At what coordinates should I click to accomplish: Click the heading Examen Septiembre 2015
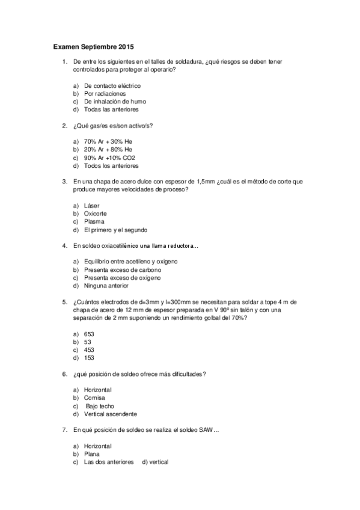[93, 46]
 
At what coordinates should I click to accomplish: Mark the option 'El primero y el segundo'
[115, 230]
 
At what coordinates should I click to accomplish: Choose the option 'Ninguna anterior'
[107, 286]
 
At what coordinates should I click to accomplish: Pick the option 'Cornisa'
[95, 398]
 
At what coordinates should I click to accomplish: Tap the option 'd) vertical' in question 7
[155, 462]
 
